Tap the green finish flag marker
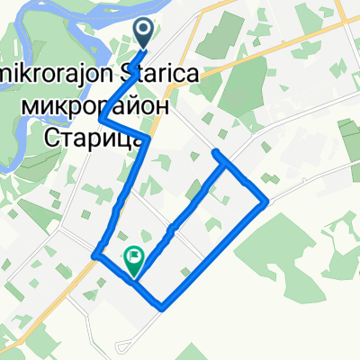(x=134, y=259)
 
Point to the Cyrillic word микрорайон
(x=94, y=105)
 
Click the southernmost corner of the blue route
(x=161, y=308)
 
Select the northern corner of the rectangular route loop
(x=216, y=154)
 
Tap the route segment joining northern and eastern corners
(x=242, y=177)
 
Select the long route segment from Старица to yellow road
(x=121, y=198)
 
